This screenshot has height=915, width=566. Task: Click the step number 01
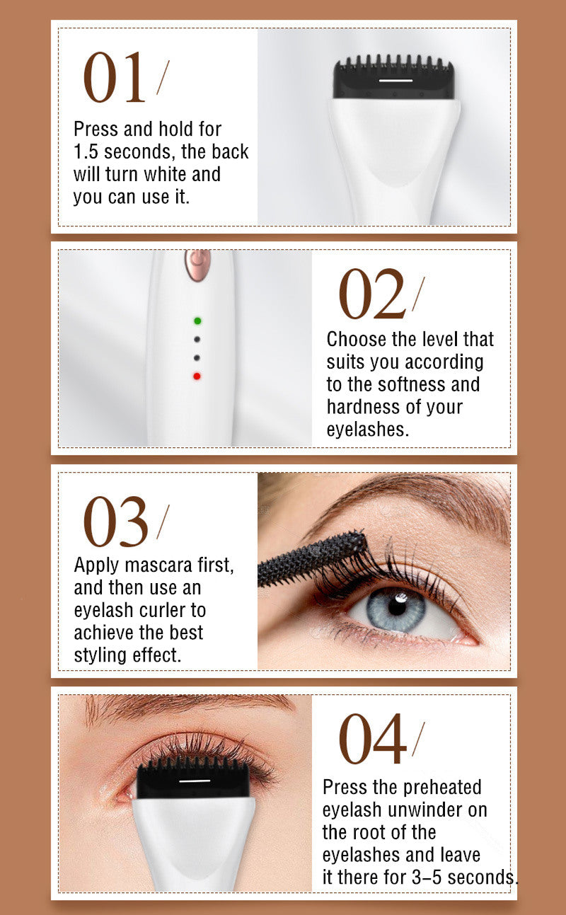pos(115,78)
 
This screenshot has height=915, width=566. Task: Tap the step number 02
pos(371,294)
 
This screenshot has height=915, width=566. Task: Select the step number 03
pos(115,522)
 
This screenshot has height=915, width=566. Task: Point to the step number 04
pos(372,740)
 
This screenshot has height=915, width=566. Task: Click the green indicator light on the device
pos(197,321)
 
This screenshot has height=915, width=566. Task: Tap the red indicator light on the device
pos(197,376)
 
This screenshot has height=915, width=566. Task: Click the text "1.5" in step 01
pos(86,151)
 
